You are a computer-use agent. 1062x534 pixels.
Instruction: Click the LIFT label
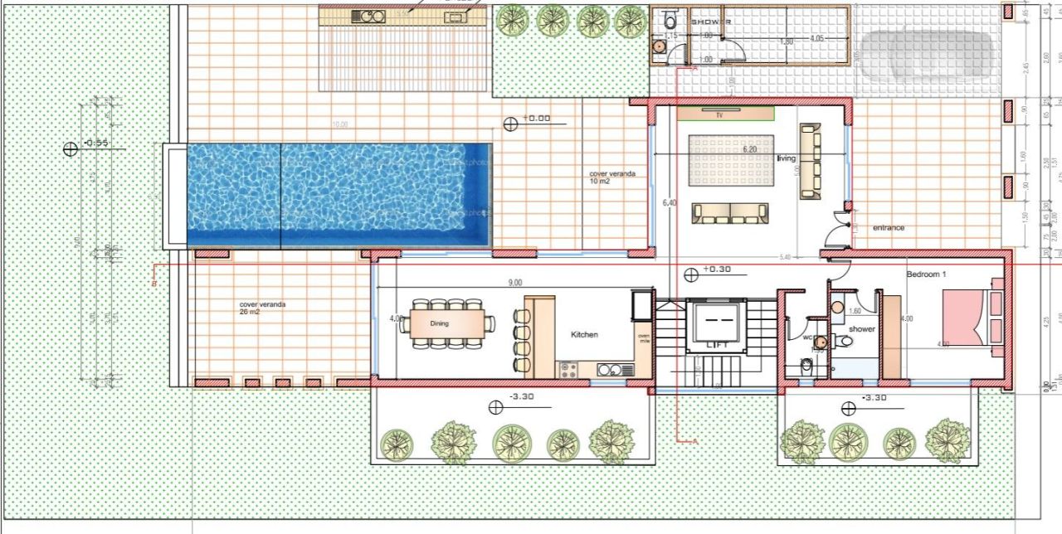tap(716, 344)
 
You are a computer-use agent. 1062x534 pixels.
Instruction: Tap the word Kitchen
tap(584, 335)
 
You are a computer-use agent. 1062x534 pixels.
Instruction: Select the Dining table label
tap(439, 323)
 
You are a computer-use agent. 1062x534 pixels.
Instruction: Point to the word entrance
tap(889, 228)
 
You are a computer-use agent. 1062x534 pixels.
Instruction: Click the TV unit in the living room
tap(725, 114)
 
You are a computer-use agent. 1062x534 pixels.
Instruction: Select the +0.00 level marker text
tap(536, 119)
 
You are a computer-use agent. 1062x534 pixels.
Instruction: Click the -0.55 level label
tap(97, 143)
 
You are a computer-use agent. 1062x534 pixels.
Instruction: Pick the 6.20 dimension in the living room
tap(749, 149)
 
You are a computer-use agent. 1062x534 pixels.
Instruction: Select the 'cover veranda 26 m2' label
tap(262, 308)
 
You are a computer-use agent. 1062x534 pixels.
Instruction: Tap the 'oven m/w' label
tap(644, 339)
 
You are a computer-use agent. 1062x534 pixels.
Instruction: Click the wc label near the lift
tap(806, 338)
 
